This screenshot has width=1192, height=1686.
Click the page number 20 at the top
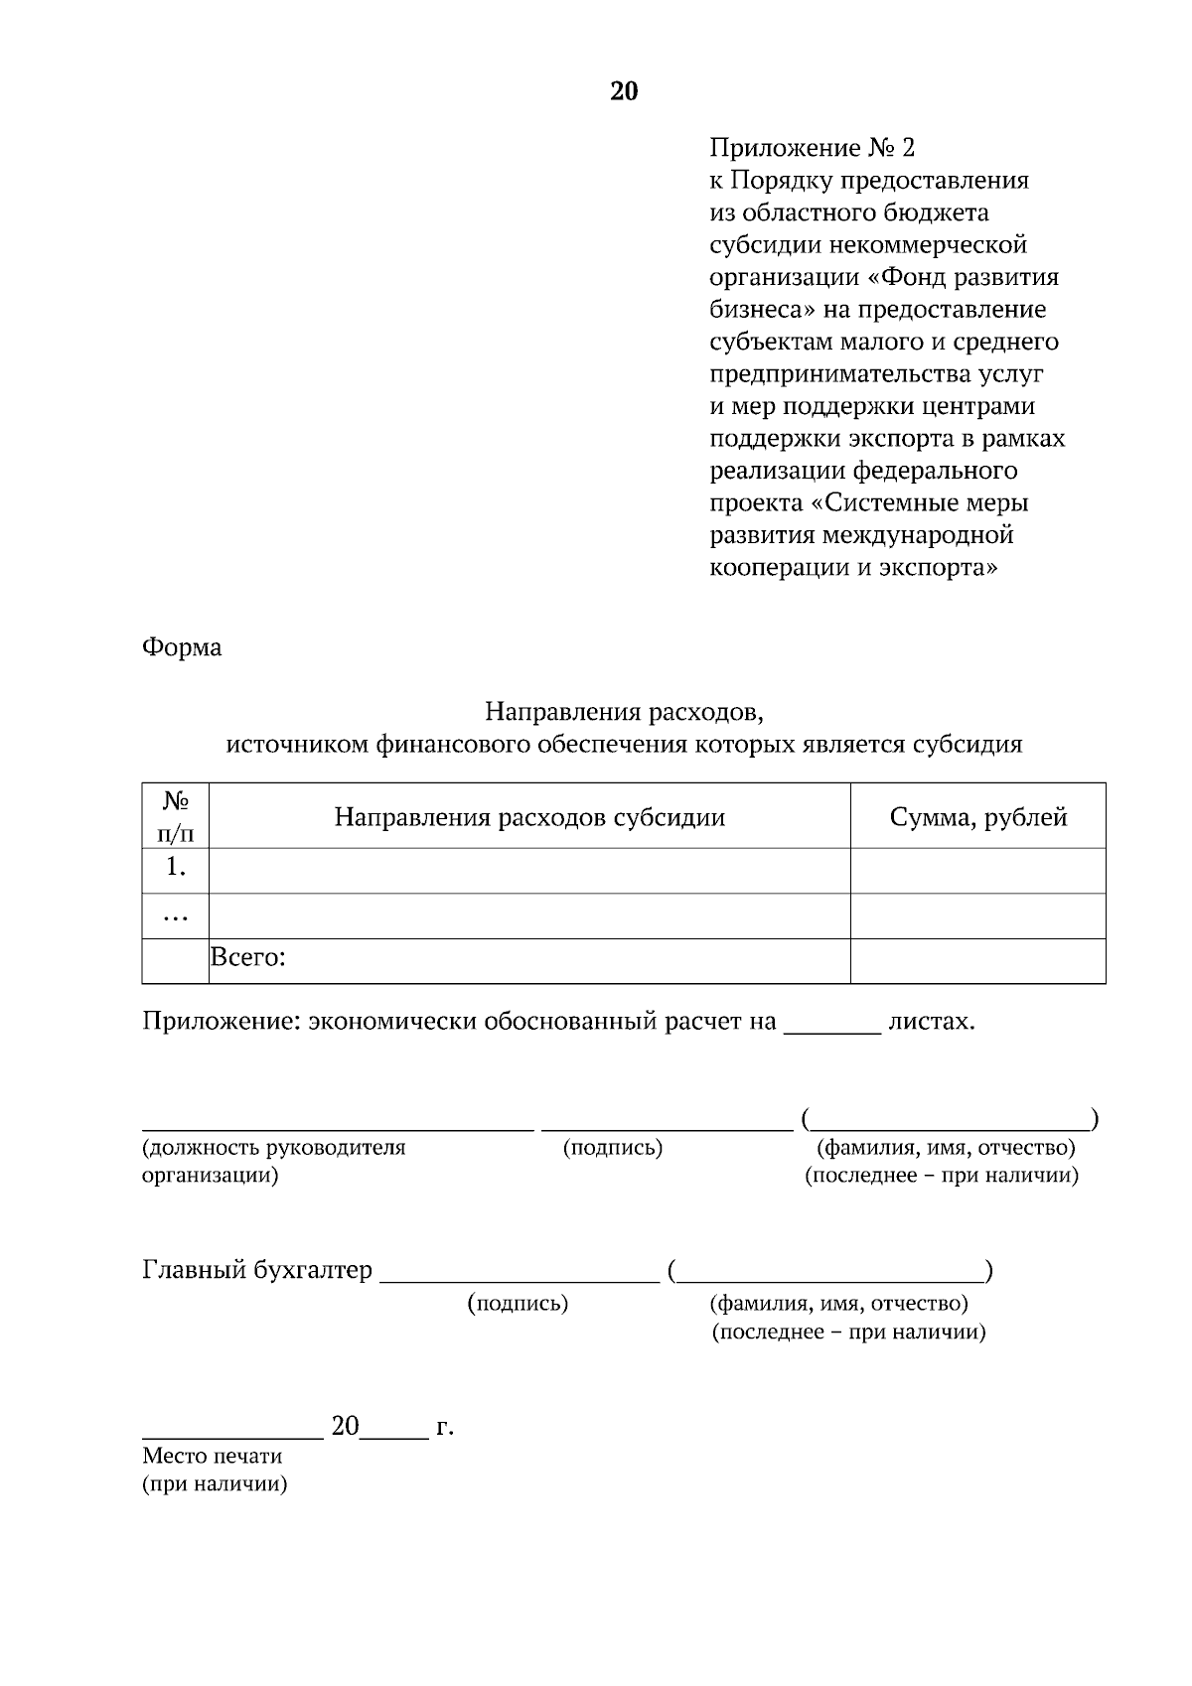tap(623, 91)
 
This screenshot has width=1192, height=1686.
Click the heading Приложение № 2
tap(812, 148)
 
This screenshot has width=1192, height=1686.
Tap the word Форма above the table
tap(182, 647)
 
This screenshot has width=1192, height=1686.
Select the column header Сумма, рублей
tap(977, 817)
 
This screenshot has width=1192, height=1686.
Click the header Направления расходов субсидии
tap(529, 817)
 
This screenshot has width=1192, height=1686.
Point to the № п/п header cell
tap(176, 816)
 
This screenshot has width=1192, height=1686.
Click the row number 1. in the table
tap(176, 867)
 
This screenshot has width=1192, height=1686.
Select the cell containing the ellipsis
tap(176, 915)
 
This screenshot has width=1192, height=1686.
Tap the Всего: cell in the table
tap(248, 958)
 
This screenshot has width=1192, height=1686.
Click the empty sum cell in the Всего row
tap(977, 961)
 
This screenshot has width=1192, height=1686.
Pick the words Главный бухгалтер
tap(257, 1270)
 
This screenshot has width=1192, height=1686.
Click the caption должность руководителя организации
tap(273, 1162)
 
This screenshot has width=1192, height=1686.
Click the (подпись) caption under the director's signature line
tap(612, 1148)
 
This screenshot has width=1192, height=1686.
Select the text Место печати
tap(213, 1456)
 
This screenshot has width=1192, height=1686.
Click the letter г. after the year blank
tap(445, 1428)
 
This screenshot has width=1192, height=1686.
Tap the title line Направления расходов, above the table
tap(624, 712)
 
